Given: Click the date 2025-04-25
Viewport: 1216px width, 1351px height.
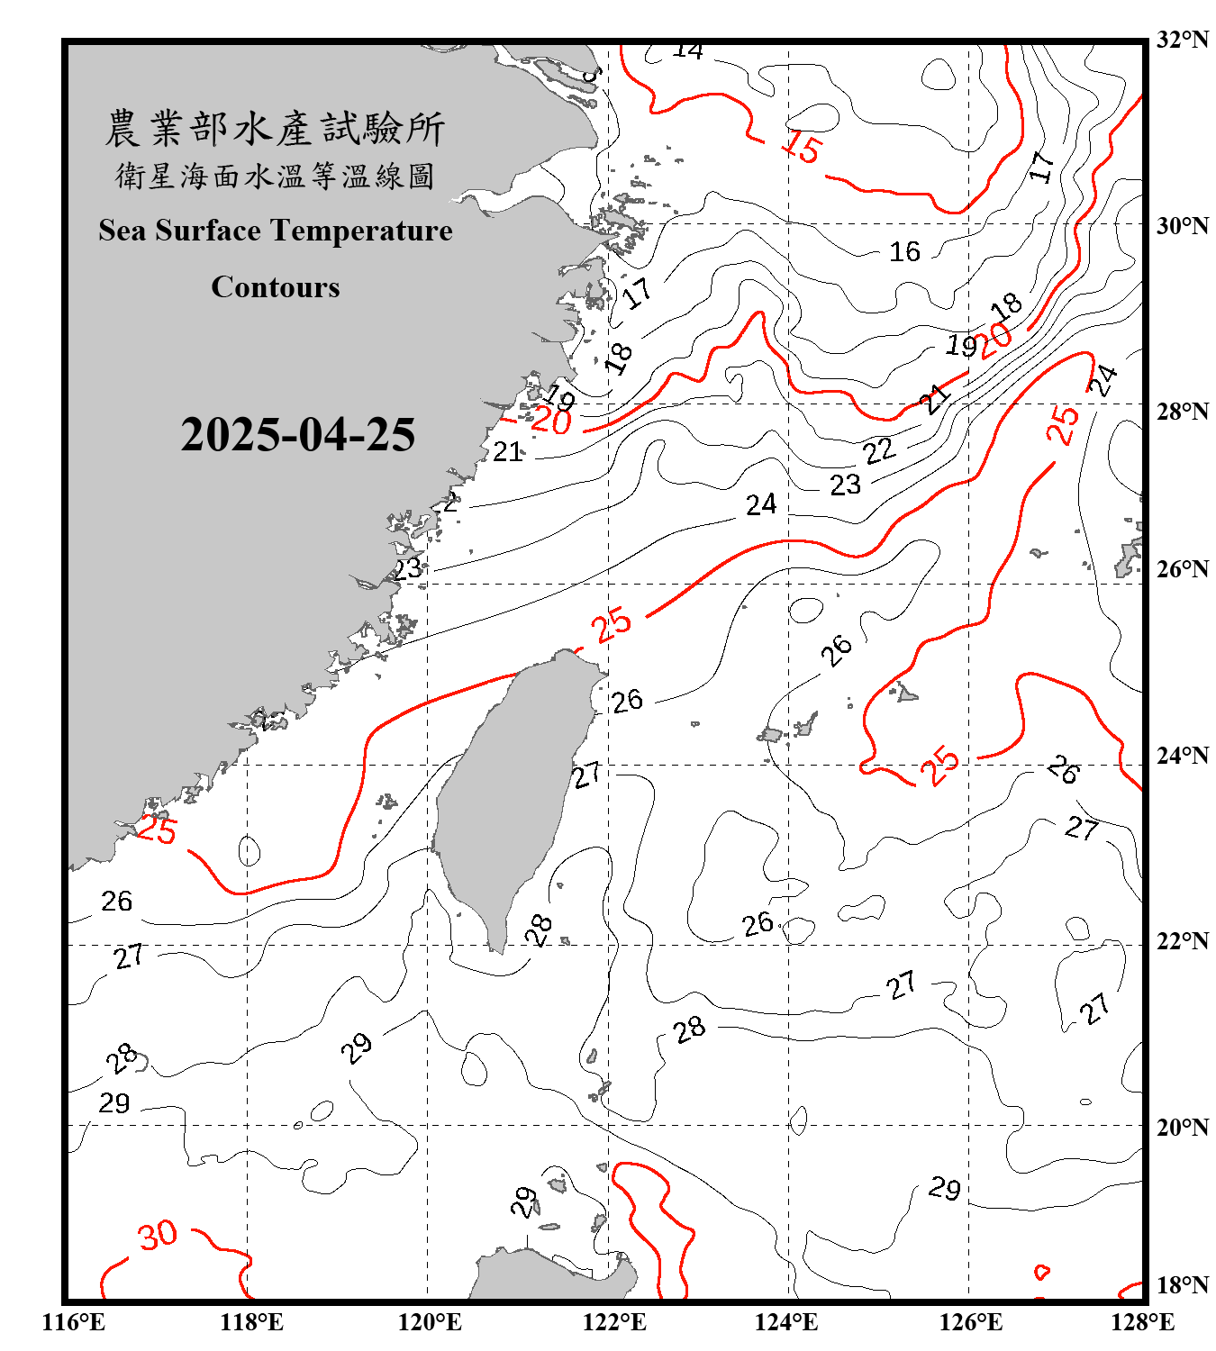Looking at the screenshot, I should coord(297,435).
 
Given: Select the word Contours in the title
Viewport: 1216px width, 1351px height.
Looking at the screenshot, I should coord(276,287).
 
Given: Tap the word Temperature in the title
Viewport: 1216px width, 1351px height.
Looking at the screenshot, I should coord(358,231).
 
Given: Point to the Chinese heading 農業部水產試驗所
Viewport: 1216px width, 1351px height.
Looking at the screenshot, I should coord(275,128).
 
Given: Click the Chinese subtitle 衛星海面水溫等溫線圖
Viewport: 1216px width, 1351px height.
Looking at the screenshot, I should coord(275,176).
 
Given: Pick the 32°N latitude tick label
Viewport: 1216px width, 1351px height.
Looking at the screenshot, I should coord(1182,40).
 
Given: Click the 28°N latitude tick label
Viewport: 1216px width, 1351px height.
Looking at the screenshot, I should coord(1182,412).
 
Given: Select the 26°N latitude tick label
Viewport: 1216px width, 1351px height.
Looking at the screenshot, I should coord(1182,569).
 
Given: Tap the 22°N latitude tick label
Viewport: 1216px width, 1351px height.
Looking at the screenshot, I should coord(1182,941).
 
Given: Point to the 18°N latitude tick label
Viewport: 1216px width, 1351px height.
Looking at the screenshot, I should coord(1182,1285).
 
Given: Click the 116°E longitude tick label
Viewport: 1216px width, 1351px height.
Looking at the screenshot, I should coord(74,1322).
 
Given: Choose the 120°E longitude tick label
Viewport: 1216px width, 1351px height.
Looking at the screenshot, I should coord(430,1322).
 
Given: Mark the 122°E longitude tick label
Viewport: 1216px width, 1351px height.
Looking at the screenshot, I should coord(614,1322).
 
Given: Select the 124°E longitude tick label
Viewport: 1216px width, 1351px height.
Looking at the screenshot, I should coord(786,1322).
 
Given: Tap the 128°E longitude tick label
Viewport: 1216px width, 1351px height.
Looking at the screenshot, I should coord(1142,1322).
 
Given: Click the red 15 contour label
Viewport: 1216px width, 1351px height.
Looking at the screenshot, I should coord(801,146).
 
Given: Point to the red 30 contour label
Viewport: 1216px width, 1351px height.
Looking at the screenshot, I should coord(158,1236).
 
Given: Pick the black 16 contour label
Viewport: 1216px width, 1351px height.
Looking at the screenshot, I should coord(904,252).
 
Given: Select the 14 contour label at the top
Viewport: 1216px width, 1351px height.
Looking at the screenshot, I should coord(687,51).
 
